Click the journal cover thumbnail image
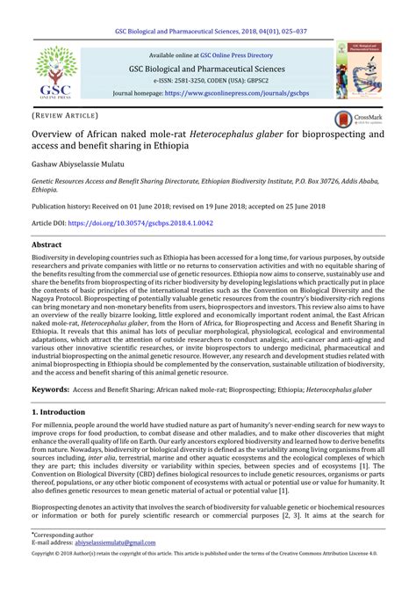tap(357, 72)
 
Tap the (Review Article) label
tap(63, 115)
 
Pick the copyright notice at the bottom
tap(207, 580)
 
